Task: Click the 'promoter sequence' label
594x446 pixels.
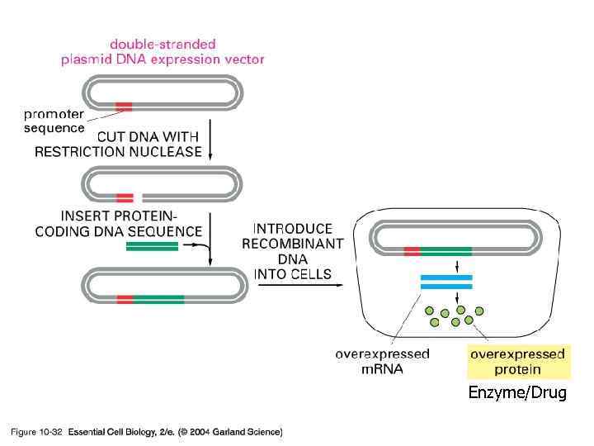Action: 53,122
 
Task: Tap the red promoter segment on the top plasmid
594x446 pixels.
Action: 124,106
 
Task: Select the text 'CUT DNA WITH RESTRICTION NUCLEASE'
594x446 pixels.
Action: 118,145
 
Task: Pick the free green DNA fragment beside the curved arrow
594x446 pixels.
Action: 152,245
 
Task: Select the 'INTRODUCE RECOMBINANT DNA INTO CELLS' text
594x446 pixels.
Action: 293,251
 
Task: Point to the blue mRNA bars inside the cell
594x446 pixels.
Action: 445,282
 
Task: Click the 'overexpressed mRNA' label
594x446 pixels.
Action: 382,362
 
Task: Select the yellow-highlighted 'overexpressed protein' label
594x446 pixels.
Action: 517,362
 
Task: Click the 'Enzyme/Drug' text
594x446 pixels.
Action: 517,393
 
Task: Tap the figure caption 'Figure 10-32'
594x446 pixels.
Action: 36,431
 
